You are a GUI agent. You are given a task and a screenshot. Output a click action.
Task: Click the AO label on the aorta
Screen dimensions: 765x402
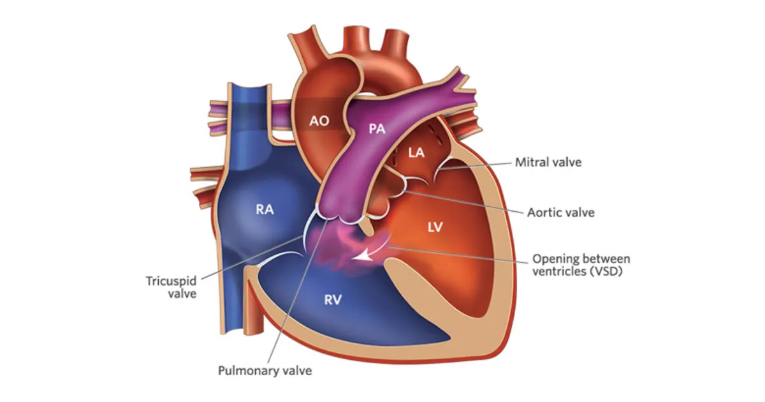coord(319,121)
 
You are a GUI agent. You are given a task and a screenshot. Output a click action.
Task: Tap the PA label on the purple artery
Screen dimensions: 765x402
coord(377,128)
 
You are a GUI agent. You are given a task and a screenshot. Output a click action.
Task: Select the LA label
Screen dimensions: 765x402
coord(416,153)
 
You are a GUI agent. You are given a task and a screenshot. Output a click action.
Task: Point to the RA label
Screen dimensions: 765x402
coord(265,209)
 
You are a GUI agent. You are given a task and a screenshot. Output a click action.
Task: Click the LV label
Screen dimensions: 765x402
coord(435,227)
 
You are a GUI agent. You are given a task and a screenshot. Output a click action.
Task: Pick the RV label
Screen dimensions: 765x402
coord(333,300)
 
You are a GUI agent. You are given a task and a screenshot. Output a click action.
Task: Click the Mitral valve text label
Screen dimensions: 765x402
coord(548,162)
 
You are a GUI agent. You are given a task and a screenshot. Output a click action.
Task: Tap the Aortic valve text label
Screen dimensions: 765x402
coord(561,212)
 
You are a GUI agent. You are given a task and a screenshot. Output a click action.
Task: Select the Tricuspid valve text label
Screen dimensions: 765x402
coord(171,288)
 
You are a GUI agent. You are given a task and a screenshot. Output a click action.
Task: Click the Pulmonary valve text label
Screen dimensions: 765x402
coord(265,371)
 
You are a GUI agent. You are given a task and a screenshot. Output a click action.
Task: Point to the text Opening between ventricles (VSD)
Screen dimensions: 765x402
coord(581,265)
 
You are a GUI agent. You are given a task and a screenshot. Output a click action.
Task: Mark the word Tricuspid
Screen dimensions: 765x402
coord(171,281)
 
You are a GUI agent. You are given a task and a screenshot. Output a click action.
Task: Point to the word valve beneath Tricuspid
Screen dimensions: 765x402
coord(182,294)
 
